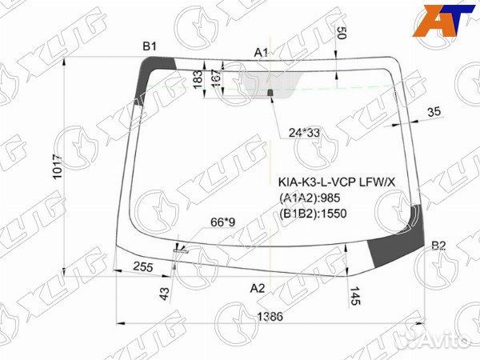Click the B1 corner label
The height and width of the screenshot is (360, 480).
(x=150, y=46)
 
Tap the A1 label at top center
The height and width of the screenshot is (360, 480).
(x=262, y=53)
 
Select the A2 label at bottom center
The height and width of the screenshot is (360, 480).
(x=258, y=287)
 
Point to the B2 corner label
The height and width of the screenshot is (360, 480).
(x=438, y=245)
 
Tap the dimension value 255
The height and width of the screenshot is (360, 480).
(x=144, y=267)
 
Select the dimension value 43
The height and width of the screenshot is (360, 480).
(x=165, y=294)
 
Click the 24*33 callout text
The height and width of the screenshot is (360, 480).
(x=303, y=132)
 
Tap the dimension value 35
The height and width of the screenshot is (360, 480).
(x=434, y=112)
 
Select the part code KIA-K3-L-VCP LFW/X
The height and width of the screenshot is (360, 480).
(x=336, y=183)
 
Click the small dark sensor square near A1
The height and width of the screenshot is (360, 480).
(x=270, y=94)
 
